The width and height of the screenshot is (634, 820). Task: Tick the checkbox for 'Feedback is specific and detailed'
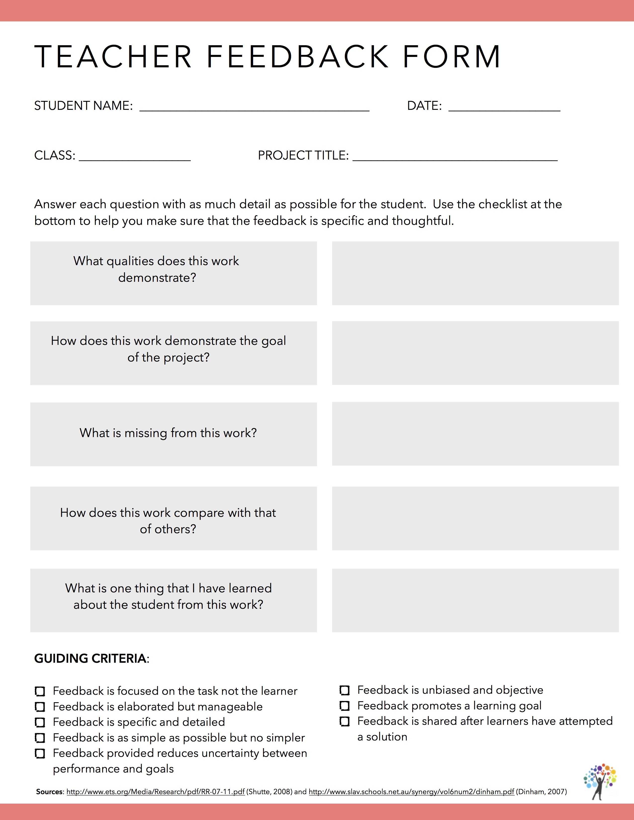click(40, 722)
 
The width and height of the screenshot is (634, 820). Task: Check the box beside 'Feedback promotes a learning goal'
click(344, 706)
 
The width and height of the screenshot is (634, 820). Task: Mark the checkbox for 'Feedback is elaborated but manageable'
click(40, 707)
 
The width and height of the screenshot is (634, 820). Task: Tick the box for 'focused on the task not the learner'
click(40, 691)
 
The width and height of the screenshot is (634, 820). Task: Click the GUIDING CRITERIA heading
click(91, 658)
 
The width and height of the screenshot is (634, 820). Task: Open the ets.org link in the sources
click(155, 792)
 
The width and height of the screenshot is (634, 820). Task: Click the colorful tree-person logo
click(600, 781)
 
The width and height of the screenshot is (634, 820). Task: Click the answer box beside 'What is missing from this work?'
click(475, 434)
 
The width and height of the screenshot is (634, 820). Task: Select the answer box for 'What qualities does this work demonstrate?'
click(475, 273)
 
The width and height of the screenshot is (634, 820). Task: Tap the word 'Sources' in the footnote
click(49, 792)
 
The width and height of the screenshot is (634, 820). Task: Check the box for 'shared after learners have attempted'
click(344, 722)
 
